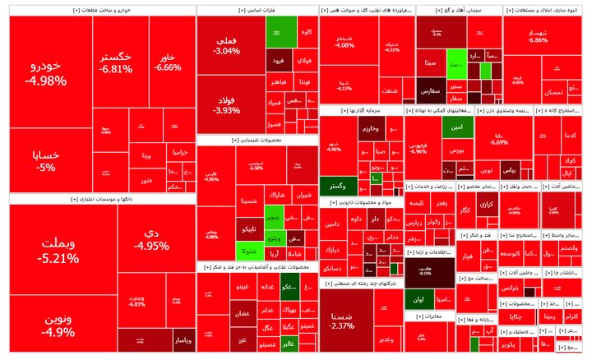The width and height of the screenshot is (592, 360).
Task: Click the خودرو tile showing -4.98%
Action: (x=45, y=72)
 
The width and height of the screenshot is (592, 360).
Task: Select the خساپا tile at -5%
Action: (x=45, y=160)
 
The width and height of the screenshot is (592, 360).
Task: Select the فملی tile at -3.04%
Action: (x=226, y=45)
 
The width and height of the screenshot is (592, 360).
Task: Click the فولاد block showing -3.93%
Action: (x=226, y=104)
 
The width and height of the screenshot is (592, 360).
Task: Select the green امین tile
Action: (x=457, y=128)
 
